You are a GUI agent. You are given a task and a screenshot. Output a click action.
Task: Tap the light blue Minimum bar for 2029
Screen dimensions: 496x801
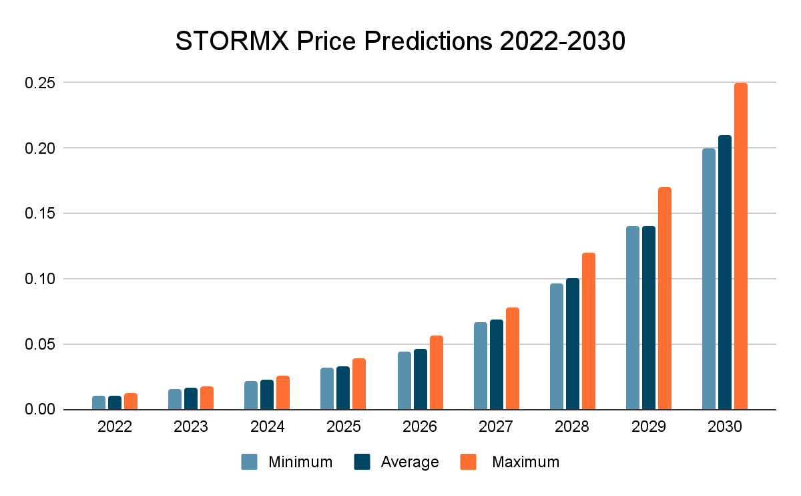(x=632, y=318)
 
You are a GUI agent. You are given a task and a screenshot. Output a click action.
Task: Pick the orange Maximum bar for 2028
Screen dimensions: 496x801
(x=588, y=331)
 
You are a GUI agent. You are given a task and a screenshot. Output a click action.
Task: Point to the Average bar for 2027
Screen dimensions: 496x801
(x=496, y=364)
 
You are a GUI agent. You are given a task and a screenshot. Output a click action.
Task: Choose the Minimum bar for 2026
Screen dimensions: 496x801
(x=404, y=380)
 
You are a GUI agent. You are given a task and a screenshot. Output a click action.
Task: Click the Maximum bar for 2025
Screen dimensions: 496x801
(x=359, y=384)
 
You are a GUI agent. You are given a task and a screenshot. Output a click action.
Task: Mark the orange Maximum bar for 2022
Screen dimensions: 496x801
(x=131, y=401)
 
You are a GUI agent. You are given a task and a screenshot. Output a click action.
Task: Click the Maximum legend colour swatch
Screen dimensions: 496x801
(x=469, y=462)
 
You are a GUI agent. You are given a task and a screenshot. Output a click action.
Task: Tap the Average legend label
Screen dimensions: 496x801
(x=410, y=462)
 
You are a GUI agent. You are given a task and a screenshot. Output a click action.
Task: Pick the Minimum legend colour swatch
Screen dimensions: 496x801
(x=249, y=462)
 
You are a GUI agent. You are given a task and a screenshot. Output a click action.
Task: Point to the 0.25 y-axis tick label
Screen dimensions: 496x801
(x=41, y=83)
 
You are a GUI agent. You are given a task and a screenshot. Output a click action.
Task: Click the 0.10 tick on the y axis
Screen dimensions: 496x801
(x=41, y=279)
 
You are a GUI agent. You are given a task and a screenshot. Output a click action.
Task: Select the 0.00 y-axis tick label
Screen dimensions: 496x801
(x=41, y=409)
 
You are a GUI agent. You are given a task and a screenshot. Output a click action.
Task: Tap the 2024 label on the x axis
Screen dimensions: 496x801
(x=267, y=427)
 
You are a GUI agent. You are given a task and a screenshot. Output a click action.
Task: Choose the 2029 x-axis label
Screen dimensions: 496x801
(x=648, y=427)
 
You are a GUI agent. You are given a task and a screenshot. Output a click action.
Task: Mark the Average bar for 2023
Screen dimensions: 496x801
(x=191, y=398)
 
